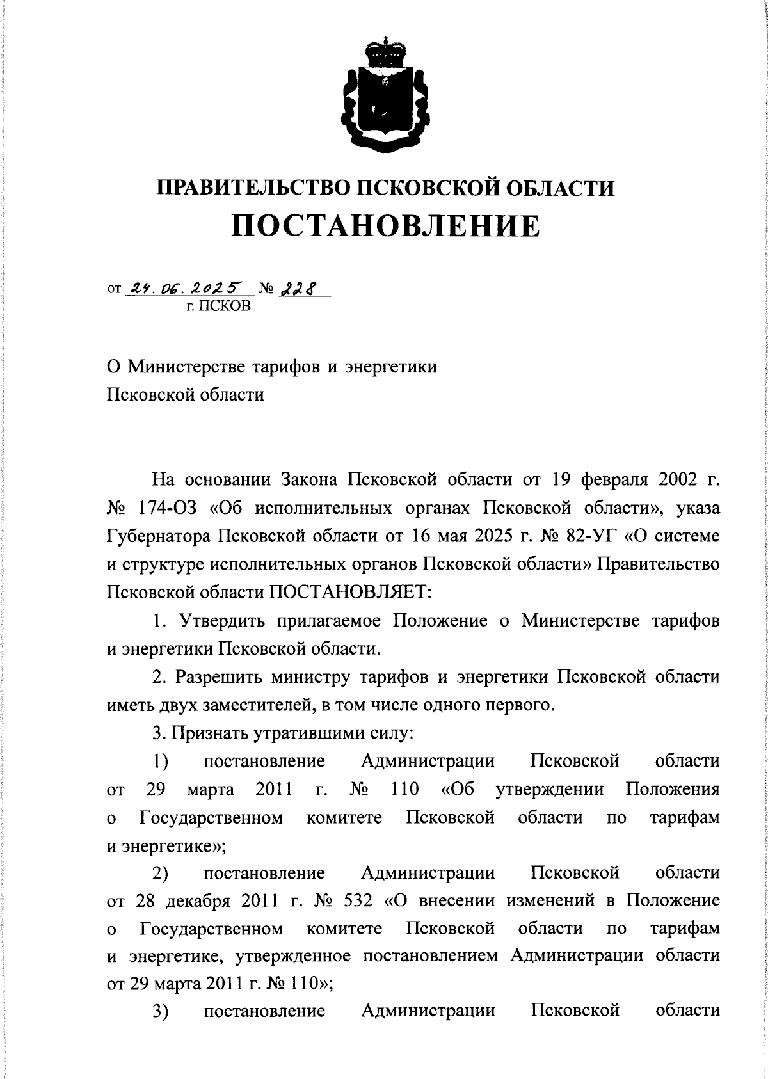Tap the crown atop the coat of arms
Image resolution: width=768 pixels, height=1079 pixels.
[384, 52]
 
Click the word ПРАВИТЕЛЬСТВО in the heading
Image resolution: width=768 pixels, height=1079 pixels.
[252, 188]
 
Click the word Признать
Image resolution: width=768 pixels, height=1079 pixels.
[210, 733]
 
